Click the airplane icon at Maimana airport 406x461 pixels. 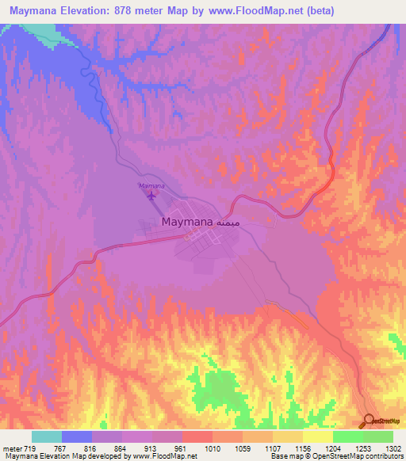coord(151,196)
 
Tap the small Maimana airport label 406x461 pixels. coord(151,185)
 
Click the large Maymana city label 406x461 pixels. coord(187,223)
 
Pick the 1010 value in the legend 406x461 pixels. coord(212,448)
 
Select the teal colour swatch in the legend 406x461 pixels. coord(47,436)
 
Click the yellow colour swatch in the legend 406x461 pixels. coord(318,436)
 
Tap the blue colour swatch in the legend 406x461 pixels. coord(77,436)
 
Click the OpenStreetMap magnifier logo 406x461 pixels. coord(370,421)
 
